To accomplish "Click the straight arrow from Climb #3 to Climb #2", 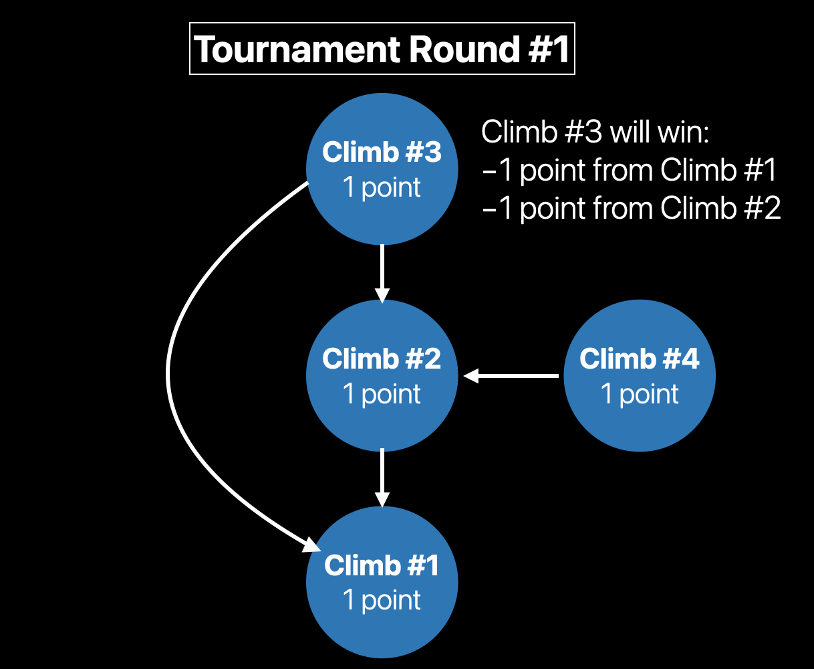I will coord(382,271).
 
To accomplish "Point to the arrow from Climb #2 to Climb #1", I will coord(382,476).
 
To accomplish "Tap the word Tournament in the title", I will coord(295,50).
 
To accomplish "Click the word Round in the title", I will coord(463,50).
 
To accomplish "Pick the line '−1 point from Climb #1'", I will coord(630,171).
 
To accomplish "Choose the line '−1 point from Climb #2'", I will coord(631,209).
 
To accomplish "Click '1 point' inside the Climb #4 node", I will coord(640,393).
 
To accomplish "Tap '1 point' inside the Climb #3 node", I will coord(382,187).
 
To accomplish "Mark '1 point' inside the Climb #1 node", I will coord(382,599).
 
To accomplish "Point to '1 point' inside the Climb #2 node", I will coord(382,393).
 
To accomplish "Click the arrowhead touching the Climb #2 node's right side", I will coord(471,376).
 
